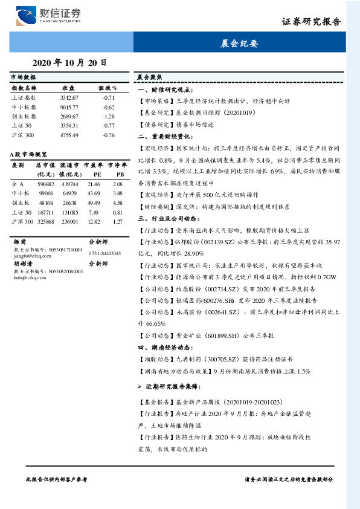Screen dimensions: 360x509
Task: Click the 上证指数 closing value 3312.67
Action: click(x=69, y=97)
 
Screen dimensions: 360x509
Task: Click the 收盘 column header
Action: click(x=68, y=88)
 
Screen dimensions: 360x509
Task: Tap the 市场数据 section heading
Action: click(x=23, y=77)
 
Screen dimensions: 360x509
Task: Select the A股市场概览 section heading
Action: click(x=28, y=155)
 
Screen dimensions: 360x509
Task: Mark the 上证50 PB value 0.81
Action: click(x=117, y=212)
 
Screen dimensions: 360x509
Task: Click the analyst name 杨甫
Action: click(x=19, y=241)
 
